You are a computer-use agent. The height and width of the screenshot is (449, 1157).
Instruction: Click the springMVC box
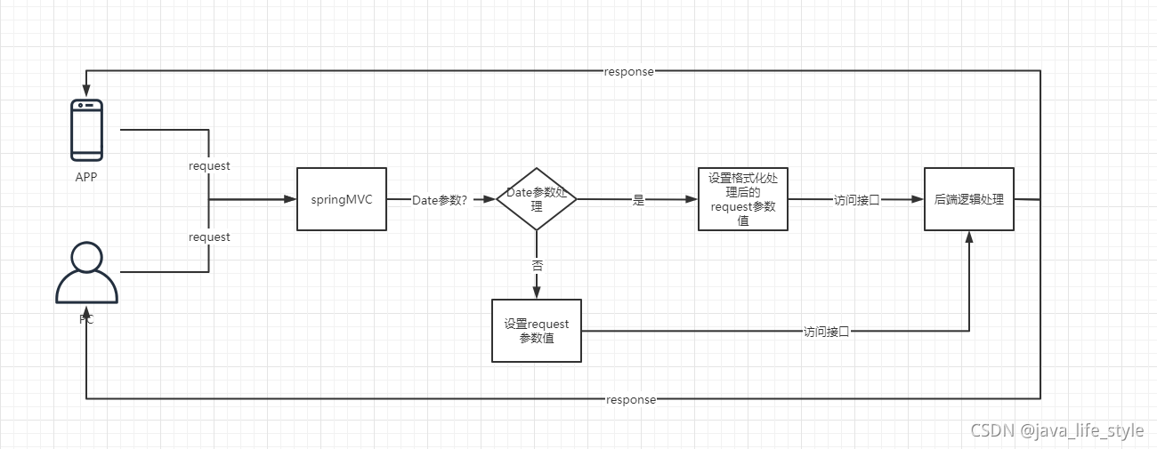pyautogui.click(x=341, y=199)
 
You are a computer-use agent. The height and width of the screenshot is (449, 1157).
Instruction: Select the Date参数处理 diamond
pyautogui.click(x=536, y=199)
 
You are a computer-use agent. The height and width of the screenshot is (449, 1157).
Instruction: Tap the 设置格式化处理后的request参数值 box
pyautogui.click(x=742, y=199)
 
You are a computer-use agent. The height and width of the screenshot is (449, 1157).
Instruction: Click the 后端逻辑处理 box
pyautogui.click(x=968, y=199)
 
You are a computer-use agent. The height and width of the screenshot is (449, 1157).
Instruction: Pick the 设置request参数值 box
pyautogui.click(x=536, y=331)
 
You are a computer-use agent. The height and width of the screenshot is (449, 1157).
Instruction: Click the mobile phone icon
pyautogui.click(x=86, y=130)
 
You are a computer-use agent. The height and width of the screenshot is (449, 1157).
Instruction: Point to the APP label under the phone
pyautogui.click(x=86, y=177)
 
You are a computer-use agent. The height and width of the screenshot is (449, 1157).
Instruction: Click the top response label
pyautogui.click(x=628, y=72)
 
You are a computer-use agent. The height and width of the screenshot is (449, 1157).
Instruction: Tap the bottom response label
pyautogui.click(x=630, y=400)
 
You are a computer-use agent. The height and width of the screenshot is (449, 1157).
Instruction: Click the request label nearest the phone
pyautogui.click(x=209, y=166)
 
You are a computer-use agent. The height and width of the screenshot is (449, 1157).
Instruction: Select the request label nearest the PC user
pyautogui.click(x=209, y=237)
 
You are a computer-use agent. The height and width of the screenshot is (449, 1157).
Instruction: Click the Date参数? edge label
pyautogui.click(x=440, y=200)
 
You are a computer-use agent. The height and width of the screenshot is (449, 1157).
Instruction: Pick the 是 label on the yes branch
pyautogui.click(x=637, y=200)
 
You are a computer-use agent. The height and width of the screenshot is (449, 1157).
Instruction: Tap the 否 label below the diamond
pyautogui.click(x=537, y=265)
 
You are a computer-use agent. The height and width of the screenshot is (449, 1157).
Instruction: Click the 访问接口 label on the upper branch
pyautogui.click(x=856, y=200)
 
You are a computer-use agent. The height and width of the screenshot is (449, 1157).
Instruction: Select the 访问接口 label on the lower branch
pyautogui.click(x=826, y=332)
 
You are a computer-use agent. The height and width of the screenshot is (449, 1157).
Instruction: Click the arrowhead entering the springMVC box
pyautogui.click(x=290, y=200)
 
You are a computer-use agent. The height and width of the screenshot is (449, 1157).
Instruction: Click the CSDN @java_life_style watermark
pyautogui.click(x=1056, y=431)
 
